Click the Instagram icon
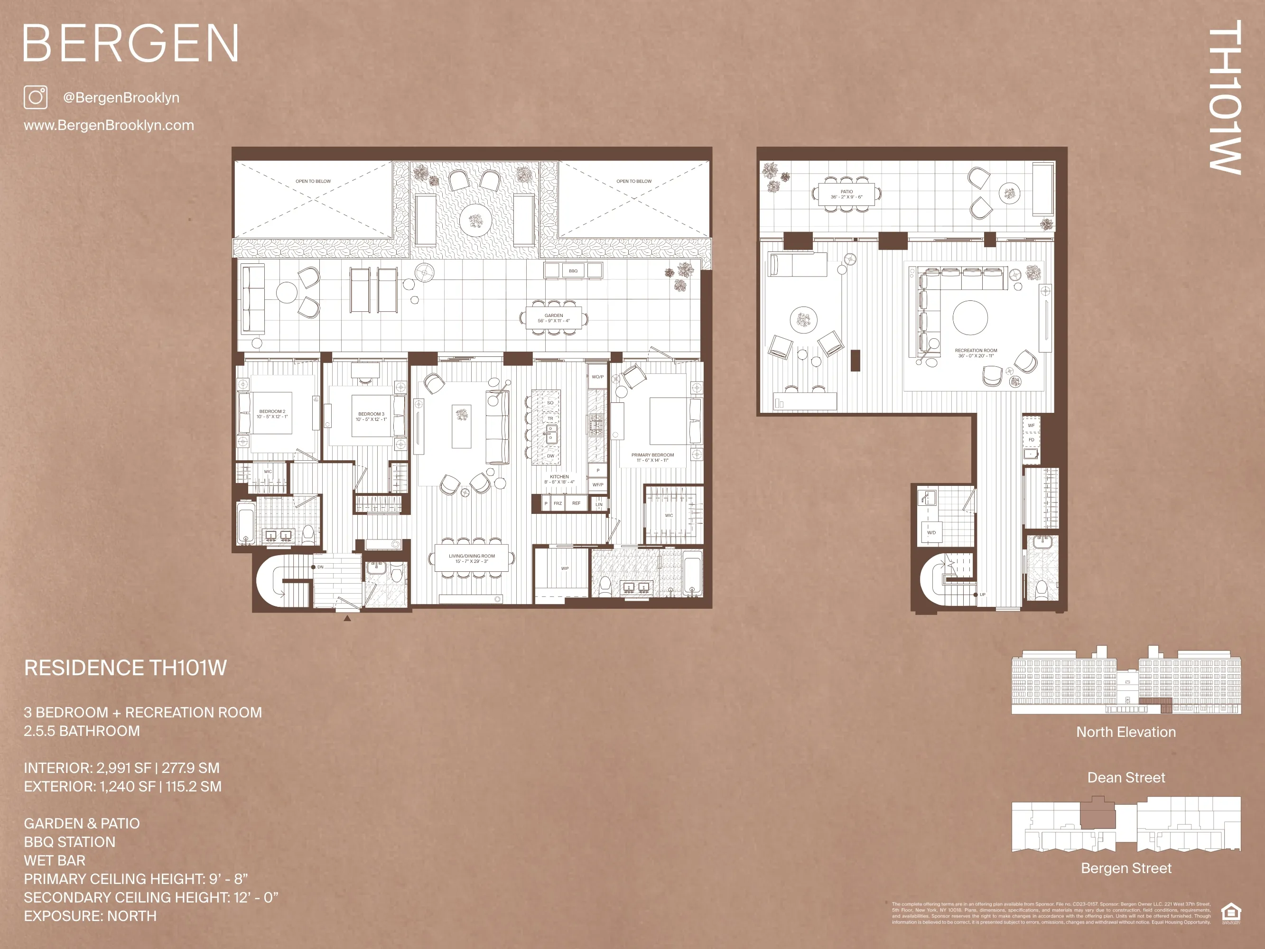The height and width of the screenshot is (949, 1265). [36, 97]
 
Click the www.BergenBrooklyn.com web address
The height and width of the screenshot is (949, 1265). [109, 125]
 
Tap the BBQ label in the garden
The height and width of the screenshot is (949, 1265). [573, 271]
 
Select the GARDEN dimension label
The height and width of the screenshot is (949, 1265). [554, 318]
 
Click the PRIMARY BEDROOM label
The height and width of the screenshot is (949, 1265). [652, 457]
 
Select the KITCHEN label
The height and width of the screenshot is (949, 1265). [559, 479]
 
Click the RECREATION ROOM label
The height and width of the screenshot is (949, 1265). [976, 353]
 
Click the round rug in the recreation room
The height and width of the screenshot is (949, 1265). [970, 318]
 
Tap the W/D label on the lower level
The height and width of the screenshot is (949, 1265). [931, 532]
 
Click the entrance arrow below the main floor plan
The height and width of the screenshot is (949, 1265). [347, 618]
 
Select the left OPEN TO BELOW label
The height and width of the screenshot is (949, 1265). [313, 181]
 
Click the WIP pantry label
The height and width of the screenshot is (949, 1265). [565, 568]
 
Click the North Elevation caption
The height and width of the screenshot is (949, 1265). [1126, 732]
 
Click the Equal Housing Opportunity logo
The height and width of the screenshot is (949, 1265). [1231, 913]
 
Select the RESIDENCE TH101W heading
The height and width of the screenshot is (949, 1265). [125, 668]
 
